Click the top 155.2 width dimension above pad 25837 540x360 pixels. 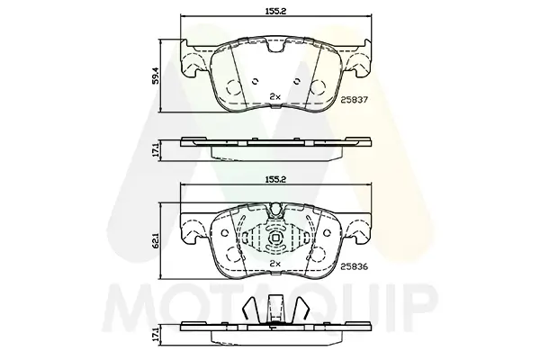click(x=276, y=11)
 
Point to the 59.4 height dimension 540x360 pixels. click(x=156, y=76)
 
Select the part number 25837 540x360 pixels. click(x=355, y=100)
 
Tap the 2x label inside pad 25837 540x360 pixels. click(x=275, y=97)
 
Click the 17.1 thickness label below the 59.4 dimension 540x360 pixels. click(x=156, y=151)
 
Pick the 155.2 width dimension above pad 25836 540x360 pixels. click(x=276, y=179)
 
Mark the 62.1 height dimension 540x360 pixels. click(x=156, y=240)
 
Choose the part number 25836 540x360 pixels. click(x=355, y=266)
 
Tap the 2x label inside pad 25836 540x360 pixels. click(x=275, y=264)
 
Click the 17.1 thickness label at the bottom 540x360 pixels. click(x=156, y=335)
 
